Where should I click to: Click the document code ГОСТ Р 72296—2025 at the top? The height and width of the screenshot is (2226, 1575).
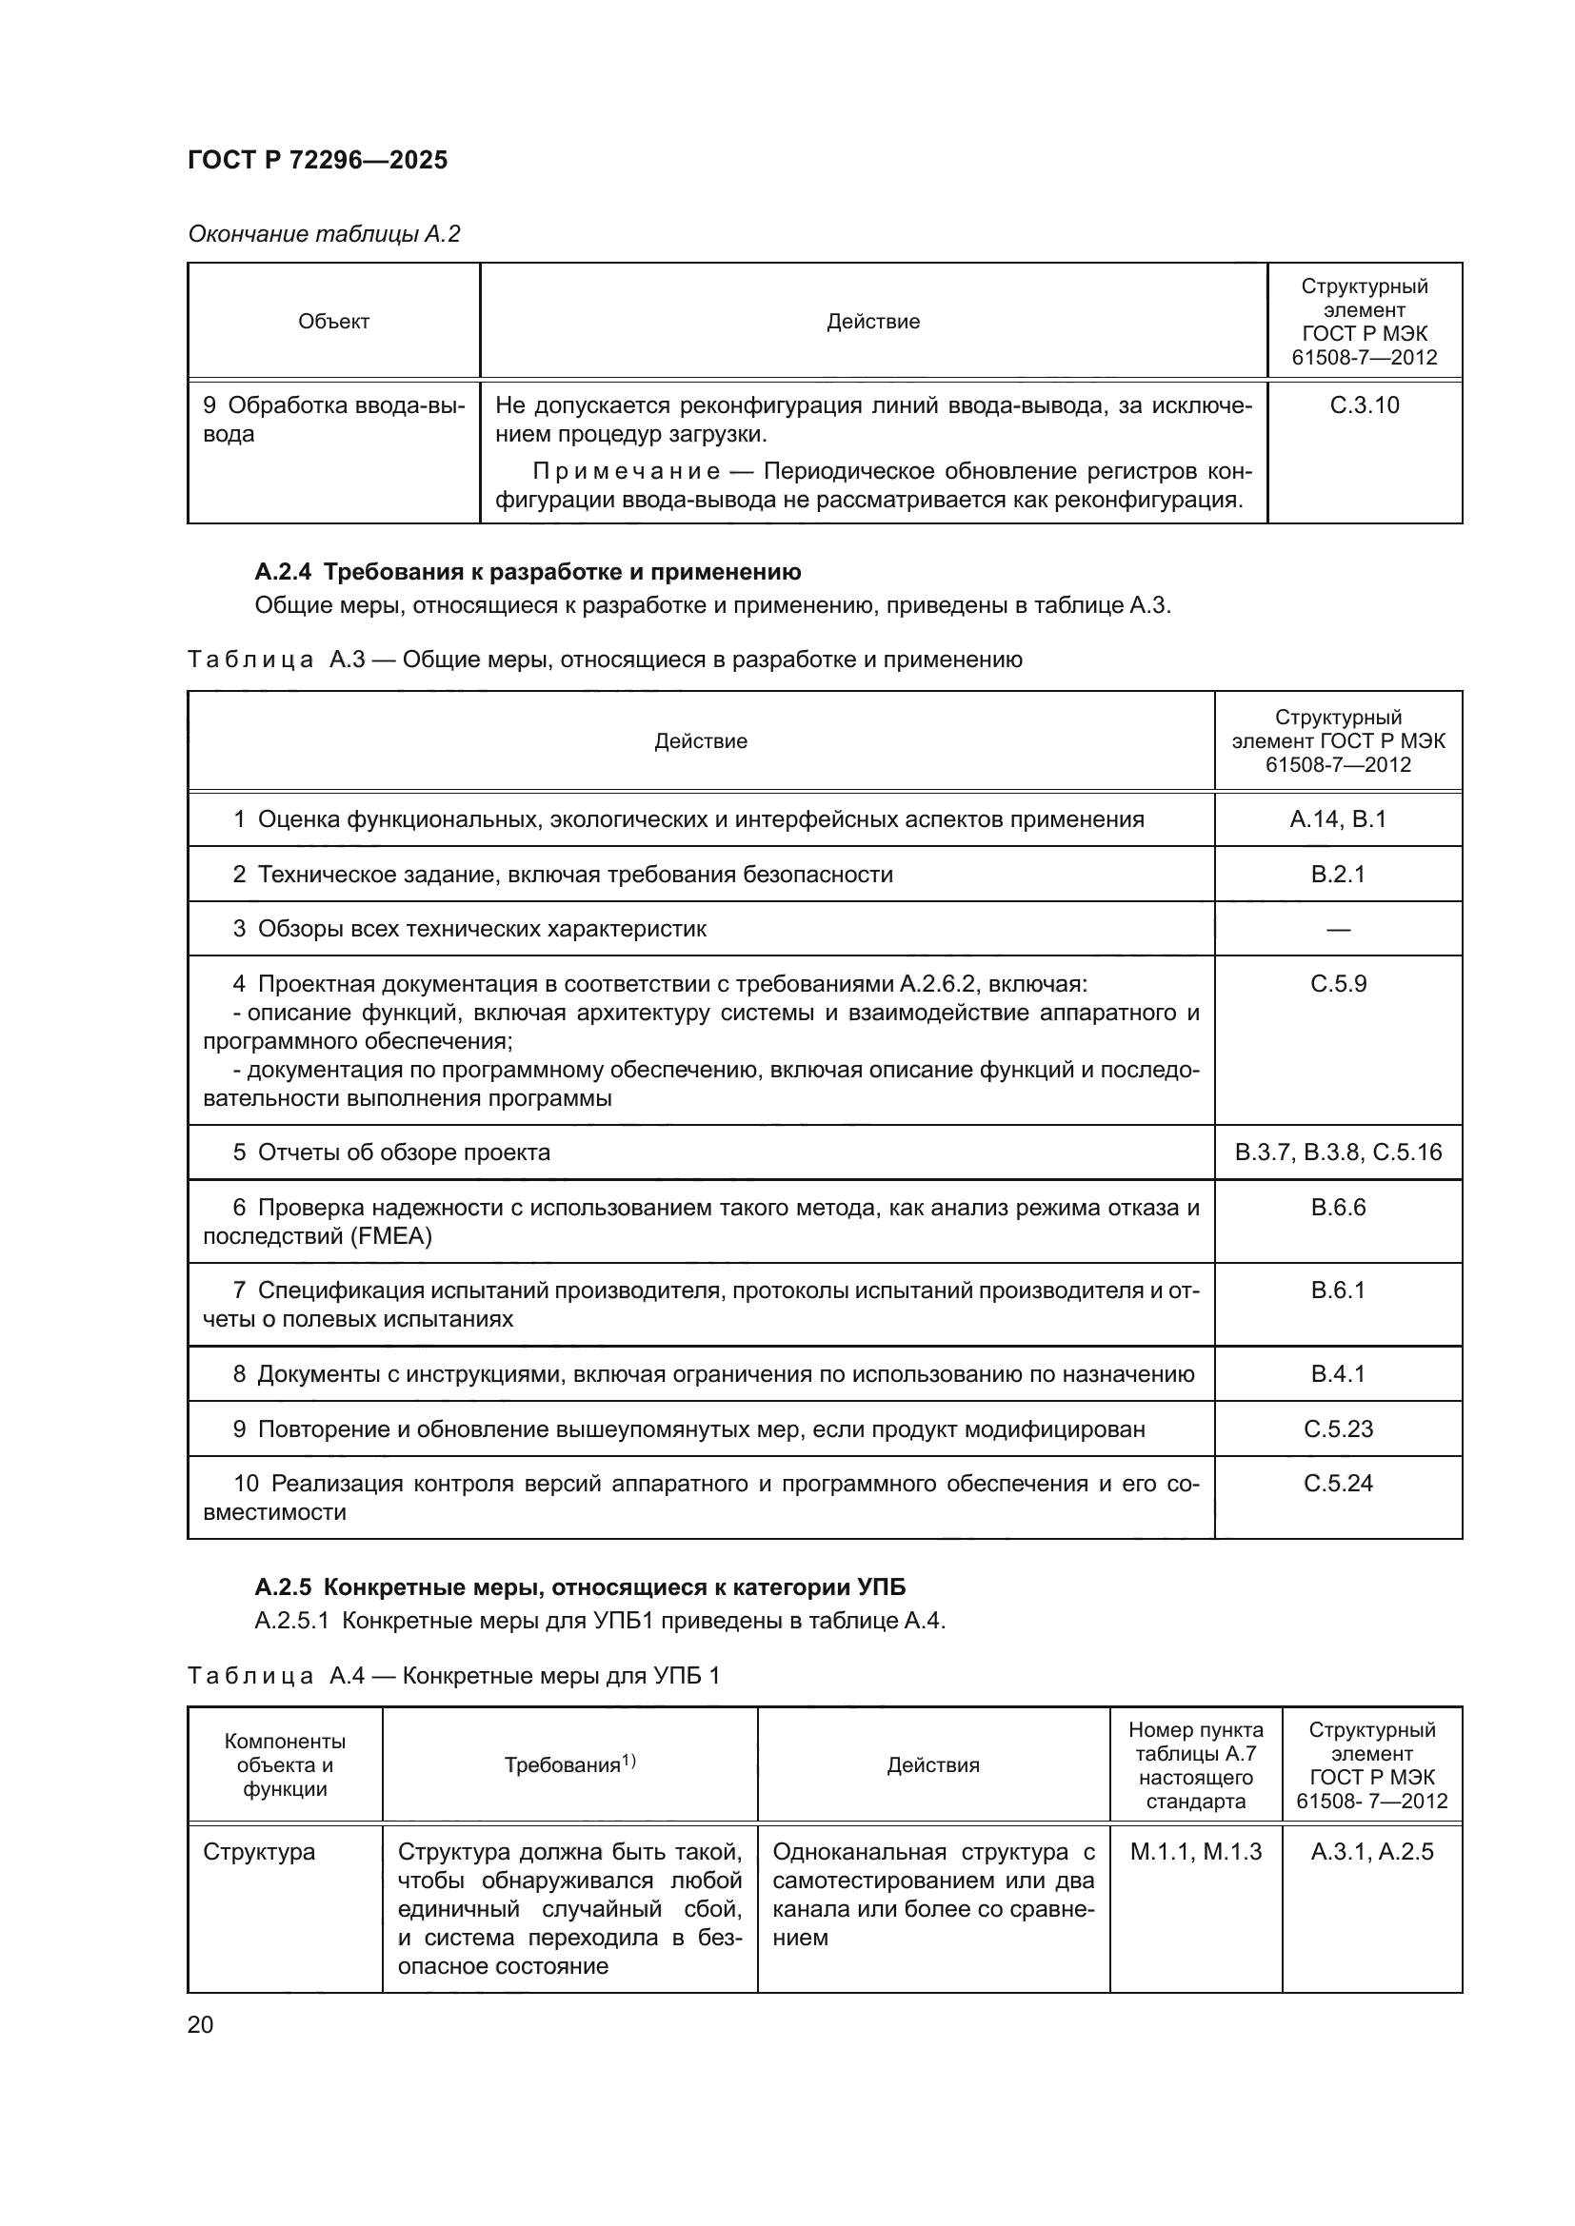pyautogui.click(x=317, y=160)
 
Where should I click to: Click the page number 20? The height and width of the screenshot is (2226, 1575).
pyautogui.click(x=200, y=2024)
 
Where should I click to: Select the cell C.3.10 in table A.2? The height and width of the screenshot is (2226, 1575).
pyautogui.click(x=1364, y=405)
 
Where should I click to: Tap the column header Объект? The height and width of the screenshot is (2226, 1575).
pyautogui.click(x=333, y=322)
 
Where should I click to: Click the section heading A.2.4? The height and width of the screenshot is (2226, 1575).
pyautogui.click(x=528, y=572)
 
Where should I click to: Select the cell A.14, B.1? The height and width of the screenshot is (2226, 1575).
pyautogui.click(x=1337, y=819)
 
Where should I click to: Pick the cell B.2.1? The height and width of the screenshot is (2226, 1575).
pyautogui.click(x=1337, y=875)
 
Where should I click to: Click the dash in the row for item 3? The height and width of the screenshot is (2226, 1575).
pyautogui.click(x=1337, y=930)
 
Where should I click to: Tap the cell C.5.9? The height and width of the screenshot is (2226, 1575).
pyautogui.click(x=1337, y=984)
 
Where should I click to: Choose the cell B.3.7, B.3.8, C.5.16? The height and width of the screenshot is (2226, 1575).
pyautogui.click(x=1337, y=1152)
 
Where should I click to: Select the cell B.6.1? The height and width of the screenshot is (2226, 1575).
pyautogui.click(x=1337, y=1290)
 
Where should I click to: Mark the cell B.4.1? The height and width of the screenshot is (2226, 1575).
pyautogui.click(x=1337, y=1374)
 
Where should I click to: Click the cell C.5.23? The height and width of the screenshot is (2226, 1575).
pyautogui.click(x=1337, y=1429)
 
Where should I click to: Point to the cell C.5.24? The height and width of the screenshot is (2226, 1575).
pyautogui.click(x=1337, y=1484)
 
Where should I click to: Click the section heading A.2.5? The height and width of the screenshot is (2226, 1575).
pyautogui.click(x=580, y=1587)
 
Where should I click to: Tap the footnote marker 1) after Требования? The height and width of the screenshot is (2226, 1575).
pyautogui.click(x=628, y=1760)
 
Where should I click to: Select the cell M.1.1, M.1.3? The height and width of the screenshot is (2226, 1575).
pyautogui.click(x=1195, y=1852)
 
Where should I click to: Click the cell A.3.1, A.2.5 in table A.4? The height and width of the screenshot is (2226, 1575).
pyautogui.click(x=1371, y=1852)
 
